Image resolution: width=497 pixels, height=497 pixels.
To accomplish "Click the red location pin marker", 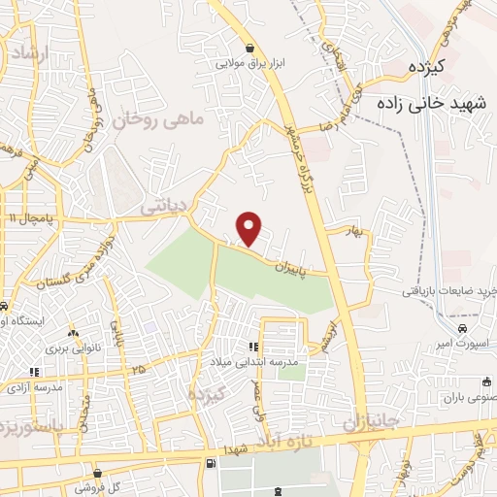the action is [249, 229].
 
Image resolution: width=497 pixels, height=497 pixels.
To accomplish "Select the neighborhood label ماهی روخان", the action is [159, 120].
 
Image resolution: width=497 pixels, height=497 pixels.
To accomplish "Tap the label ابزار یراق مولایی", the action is [250, 65].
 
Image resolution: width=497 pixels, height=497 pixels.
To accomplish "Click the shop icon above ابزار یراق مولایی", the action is [250, 48].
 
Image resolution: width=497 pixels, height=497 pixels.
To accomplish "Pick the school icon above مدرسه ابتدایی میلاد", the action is [252, 346].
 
